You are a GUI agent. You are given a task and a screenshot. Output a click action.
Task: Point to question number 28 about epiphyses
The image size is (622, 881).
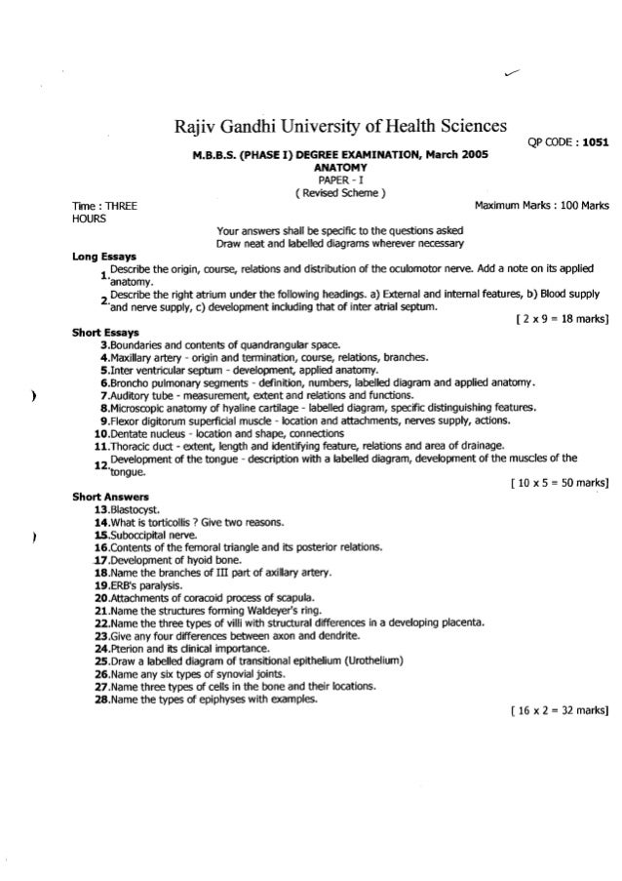tap(99, 699)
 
